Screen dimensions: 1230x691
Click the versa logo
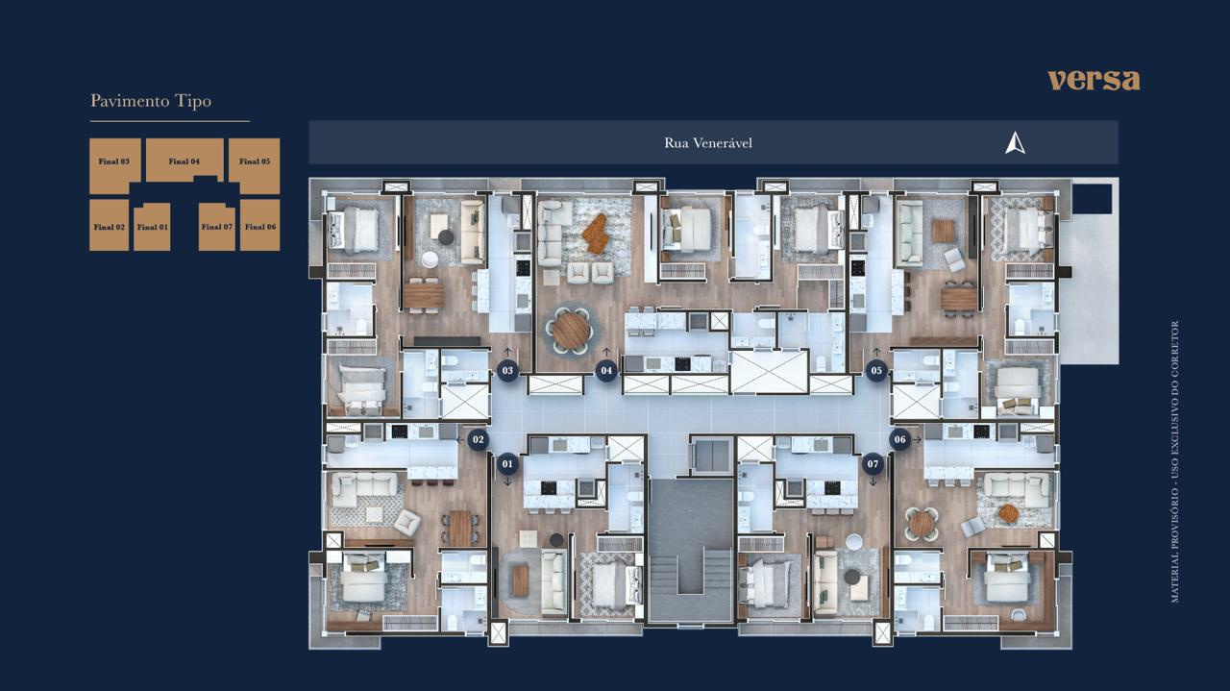(1094, 80)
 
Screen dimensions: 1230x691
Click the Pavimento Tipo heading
(151, 101)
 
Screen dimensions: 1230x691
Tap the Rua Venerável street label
(708, 143)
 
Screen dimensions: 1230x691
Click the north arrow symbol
(1016, 143)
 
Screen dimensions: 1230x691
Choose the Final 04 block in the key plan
(184, 160)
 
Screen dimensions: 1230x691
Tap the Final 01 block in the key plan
(152, 227)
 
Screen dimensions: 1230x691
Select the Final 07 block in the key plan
(217, 227)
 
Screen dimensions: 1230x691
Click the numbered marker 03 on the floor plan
(507, 371)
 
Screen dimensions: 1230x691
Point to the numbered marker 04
(606, 371)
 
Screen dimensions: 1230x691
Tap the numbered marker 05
(876, 371)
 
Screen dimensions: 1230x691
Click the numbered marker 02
(479, 439)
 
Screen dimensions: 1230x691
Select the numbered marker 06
(900, 439)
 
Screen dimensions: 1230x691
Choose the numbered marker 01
(507, 464)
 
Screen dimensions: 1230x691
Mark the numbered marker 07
(873, 464)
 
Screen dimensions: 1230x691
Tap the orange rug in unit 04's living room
(596, 234)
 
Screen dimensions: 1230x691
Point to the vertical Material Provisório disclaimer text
(1175, 462)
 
